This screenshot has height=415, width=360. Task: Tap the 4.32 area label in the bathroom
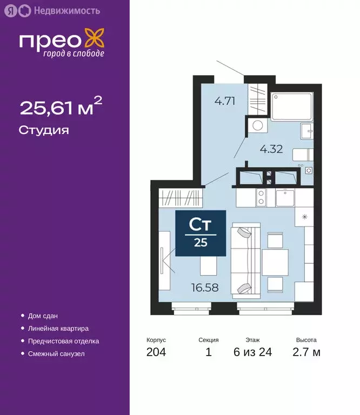tap(271, 149)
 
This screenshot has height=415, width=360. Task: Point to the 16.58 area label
tap(205, 287)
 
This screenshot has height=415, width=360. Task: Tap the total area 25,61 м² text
tap(61, 108)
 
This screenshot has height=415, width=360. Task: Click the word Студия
tap(44, 130)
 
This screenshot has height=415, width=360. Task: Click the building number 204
tap(156, 353)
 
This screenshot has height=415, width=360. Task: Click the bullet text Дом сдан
tap(43, 316)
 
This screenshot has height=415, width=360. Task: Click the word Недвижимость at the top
tap(59, 10)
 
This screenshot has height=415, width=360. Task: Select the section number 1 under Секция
tap(208, 353)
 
